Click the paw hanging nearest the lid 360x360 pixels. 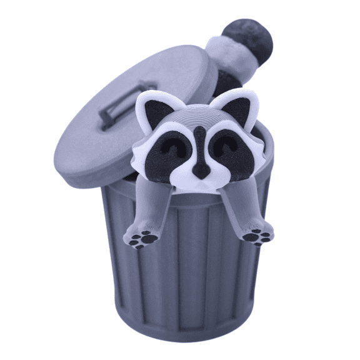click(144, 236)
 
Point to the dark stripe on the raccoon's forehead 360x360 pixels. click(198, 134)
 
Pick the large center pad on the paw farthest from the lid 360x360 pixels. click(255, 239)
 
